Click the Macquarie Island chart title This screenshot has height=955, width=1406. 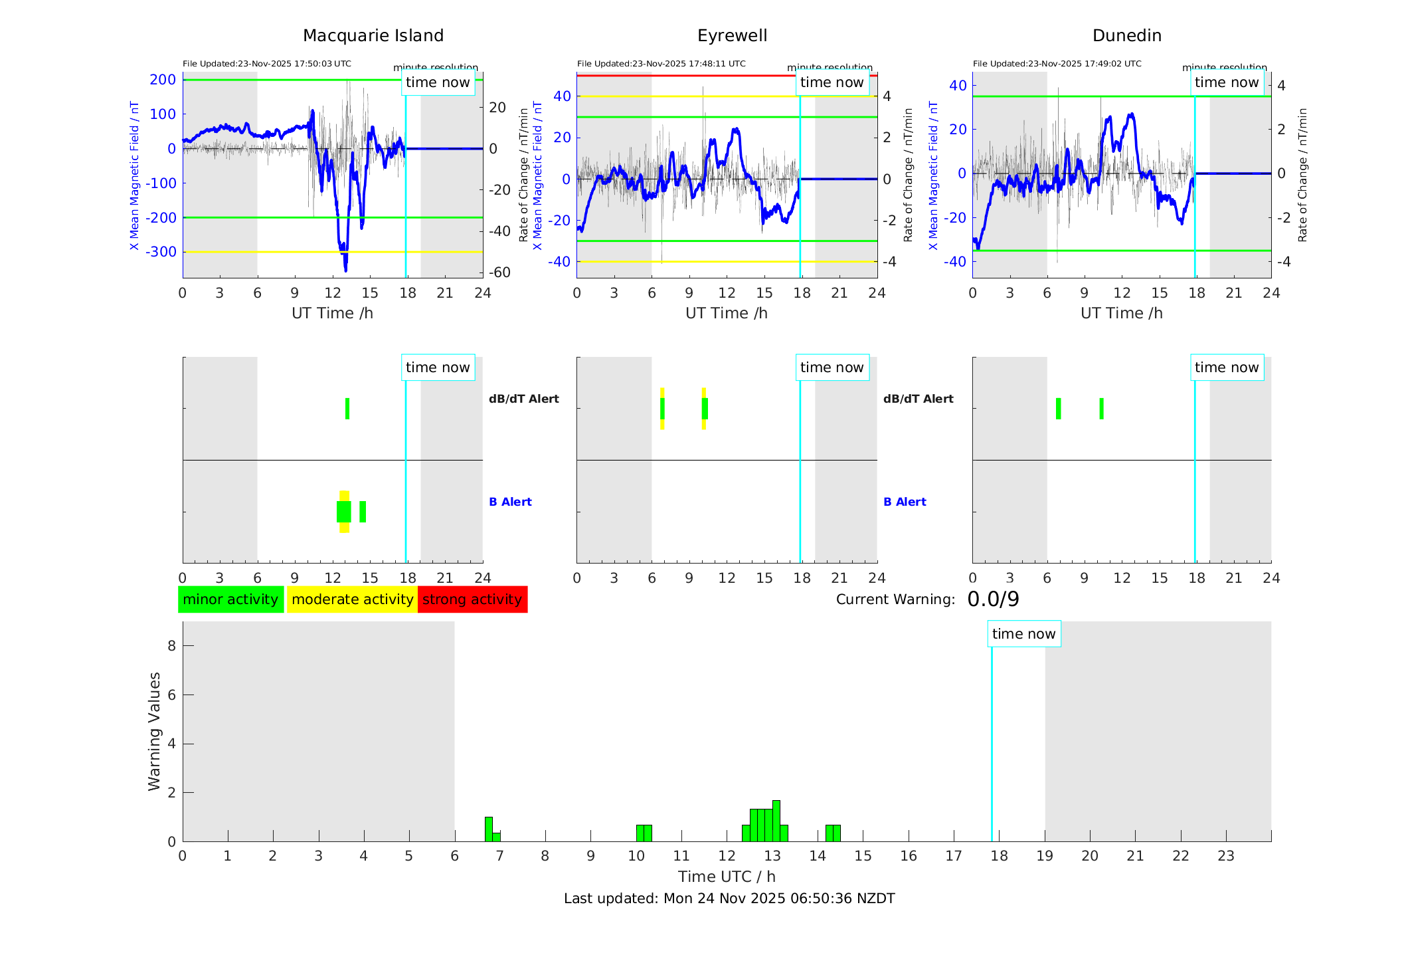click(373, 36)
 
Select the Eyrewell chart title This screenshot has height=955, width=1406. click(732, 36)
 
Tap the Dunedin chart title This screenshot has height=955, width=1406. click(1126, 36)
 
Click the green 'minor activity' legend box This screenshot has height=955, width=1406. click(230, 599)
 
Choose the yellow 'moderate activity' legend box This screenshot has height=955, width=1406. click(352, 599)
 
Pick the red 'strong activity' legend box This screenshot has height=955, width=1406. click(472, 599)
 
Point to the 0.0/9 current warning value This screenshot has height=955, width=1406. click(993, 599)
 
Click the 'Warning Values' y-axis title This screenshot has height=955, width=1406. click(155, 731)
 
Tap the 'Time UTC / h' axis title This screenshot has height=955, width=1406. click(727, 877)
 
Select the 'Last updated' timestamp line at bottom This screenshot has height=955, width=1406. click(729, 899)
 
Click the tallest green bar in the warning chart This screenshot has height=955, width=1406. click(776, 821)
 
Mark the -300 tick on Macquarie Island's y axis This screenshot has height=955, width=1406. click(163, 252)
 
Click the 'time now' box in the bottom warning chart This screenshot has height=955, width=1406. click(1023, 634)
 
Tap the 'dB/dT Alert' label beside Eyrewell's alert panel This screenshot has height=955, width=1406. click(918, 399)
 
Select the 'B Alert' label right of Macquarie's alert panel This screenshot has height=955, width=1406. click(510, 502)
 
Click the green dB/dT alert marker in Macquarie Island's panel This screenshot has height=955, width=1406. click(347, 409)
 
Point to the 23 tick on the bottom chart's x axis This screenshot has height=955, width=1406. click(1226, 856)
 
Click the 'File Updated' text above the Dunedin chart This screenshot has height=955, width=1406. click(1057, 64)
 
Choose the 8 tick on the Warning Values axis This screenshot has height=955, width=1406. click(171, 645)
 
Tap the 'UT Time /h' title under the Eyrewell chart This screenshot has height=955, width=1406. click(727, 313)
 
